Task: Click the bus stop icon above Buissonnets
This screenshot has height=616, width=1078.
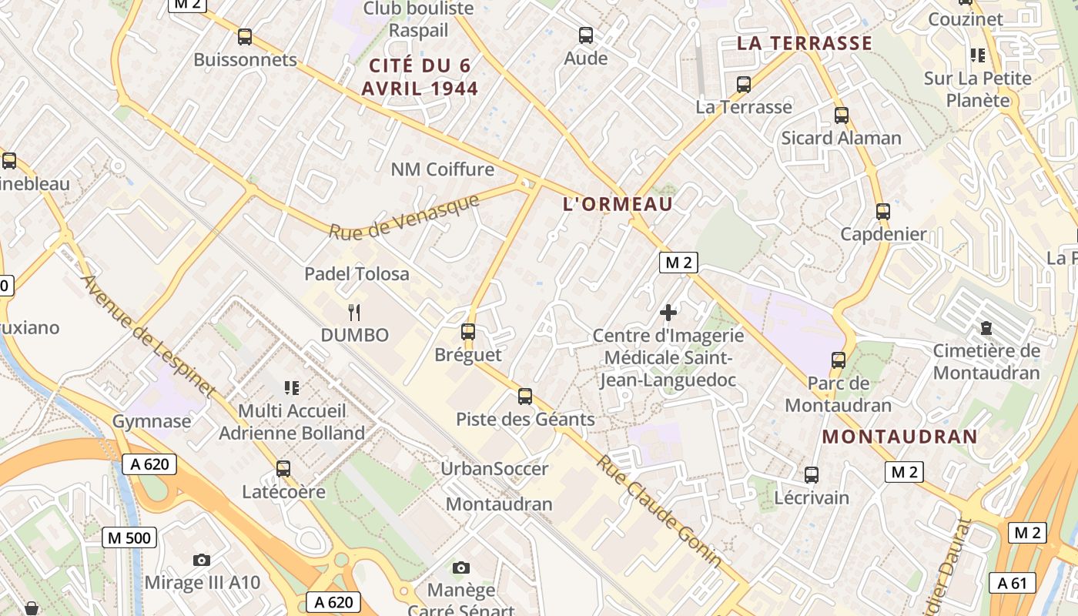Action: pyautogui.click(x=245, y=36)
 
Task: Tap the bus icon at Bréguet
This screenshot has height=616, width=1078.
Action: pyautogui.click(x=467, y=332)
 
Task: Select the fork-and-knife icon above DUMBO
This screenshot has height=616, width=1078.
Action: pyautogui.click(x=354, y=312)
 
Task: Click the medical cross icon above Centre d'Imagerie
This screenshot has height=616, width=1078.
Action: pyautogui.click(x=668, y=312)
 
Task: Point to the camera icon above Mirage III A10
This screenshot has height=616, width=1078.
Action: pyautogui.click(x=202, y=560)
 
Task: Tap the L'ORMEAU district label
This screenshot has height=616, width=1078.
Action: pyautogui.click(x=618, y=204)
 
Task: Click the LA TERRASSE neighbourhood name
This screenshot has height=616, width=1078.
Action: pyautogui.click(x=805, y=43)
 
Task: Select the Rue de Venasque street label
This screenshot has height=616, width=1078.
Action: pyautogui.click(x=404, y=216)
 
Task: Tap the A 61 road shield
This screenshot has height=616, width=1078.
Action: pyautogui.click(x=1012, y=583)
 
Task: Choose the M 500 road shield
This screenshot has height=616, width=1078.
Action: pyautogui.click(x=129, y=537)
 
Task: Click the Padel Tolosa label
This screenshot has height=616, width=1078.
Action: pyautogui.click(x=357, y=273)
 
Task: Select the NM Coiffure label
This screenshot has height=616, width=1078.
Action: pyautogui.click(x=443, y=169)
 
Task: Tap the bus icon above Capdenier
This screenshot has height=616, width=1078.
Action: pyautogui.click(x=882, y=211)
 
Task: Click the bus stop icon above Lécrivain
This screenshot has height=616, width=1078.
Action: pyautogui.click(x=811, y=474)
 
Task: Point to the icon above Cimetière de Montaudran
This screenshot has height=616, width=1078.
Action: pyautogui.click(x=986, y=328)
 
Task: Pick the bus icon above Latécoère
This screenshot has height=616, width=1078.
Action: pyautogui.click(x=283, y=468)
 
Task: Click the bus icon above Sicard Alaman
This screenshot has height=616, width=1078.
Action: pyautogui.click(x=841, y=115)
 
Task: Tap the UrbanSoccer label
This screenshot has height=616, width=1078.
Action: pyautogui.click(x=494, y=468)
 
